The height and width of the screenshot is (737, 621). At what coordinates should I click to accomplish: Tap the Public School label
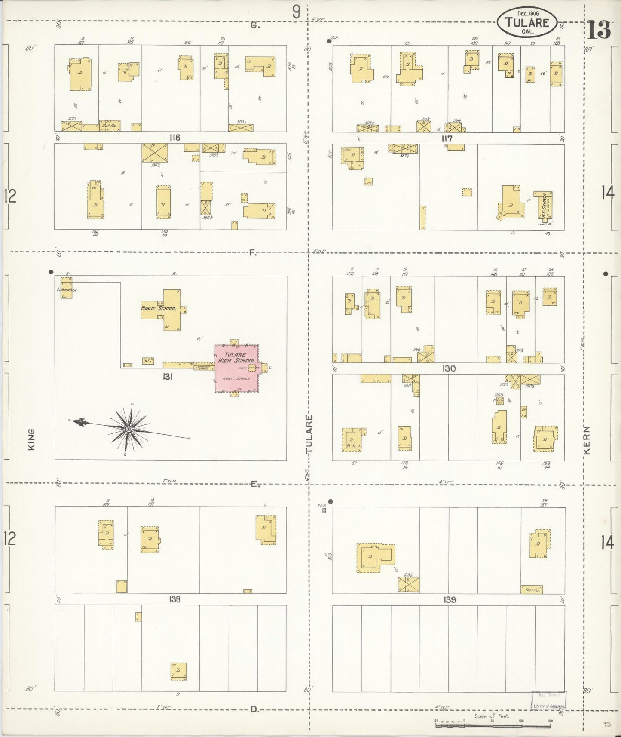159,308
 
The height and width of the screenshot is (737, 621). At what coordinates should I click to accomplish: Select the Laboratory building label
66,290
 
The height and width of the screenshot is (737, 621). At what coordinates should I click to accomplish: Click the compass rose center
128,429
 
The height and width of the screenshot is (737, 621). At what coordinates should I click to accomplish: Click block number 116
174,138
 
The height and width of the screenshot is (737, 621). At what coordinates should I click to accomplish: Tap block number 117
447,138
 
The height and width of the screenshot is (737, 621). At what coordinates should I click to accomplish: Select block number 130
449,368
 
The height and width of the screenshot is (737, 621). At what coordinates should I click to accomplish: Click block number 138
174,599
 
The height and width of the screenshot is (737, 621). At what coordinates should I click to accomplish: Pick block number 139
449,599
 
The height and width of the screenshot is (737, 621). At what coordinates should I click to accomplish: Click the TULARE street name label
309,434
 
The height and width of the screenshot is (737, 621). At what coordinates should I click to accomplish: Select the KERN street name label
587,440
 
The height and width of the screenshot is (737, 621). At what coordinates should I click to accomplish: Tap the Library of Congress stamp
548,700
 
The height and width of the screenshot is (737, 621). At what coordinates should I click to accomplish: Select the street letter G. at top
255,25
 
